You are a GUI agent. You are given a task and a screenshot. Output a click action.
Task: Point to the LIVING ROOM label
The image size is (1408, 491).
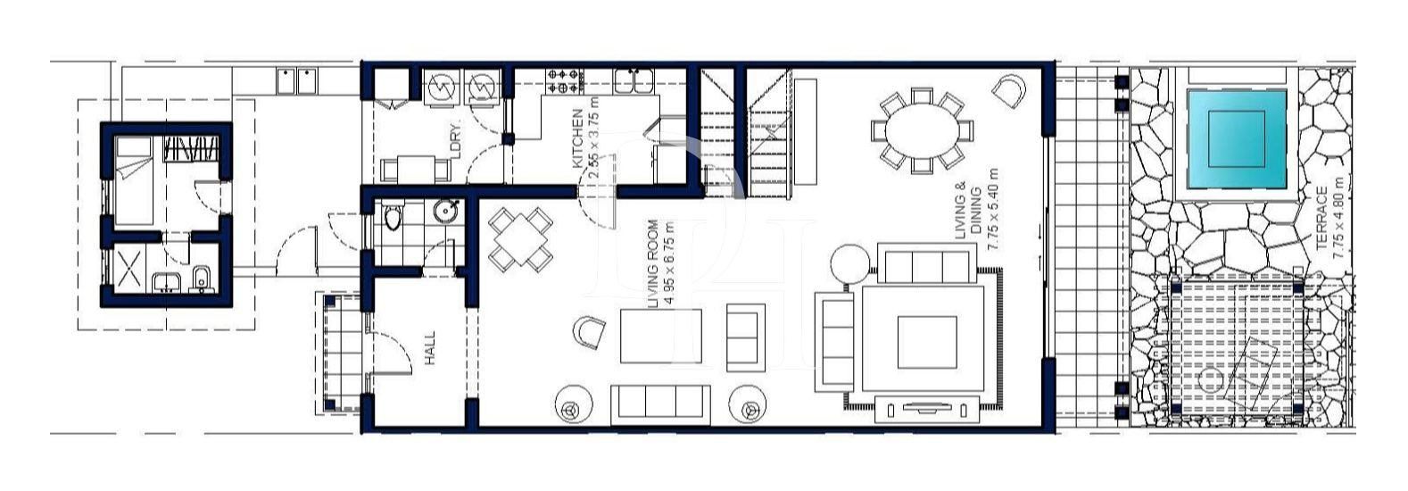coord(653,264)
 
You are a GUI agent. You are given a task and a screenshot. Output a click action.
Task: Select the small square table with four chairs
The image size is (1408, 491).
coord(520,239)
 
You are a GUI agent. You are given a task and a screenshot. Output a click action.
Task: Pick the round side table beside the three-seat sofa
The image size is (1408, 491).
coord(849,263)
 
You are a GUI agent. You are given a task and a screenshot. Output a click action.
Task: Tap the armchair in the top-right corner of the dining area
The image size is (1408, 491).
coord(1009,90)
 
